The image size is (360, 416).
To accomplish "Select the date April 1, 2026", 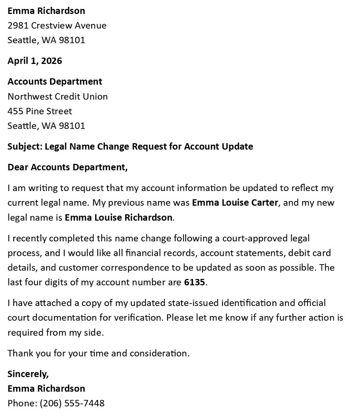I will click(35, 61).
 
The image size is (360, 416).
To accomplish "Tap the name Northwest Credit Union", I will click(58, 96).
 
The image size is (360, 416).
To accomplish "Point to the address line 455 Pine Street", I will click(40, 111).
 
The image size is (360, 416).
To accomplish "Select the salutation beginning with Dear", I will click(68, 167).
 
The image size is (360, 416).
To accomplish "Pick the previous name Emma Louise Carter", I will click(235, 203).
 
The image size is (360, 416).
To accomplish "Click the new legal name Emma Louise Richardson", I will click(119, 217).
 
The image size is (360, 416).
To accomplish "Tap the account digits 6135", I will click(194, 283).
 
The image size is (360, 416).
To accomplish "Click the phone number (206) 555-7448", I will click(72, 403).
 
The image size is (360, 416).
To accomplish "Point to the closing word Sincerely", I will click(28, 374).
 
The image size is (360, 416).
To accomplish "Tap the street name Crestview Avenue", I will click(69, 26).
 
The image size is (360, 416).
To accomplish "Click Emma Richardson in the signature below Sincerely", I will click(46, 388).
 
